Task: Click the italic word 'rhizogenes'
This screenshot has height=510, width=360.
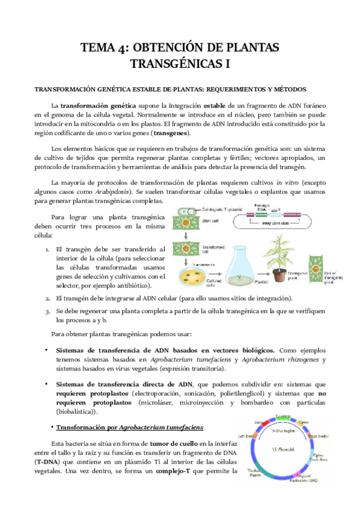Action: [301, 360]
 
